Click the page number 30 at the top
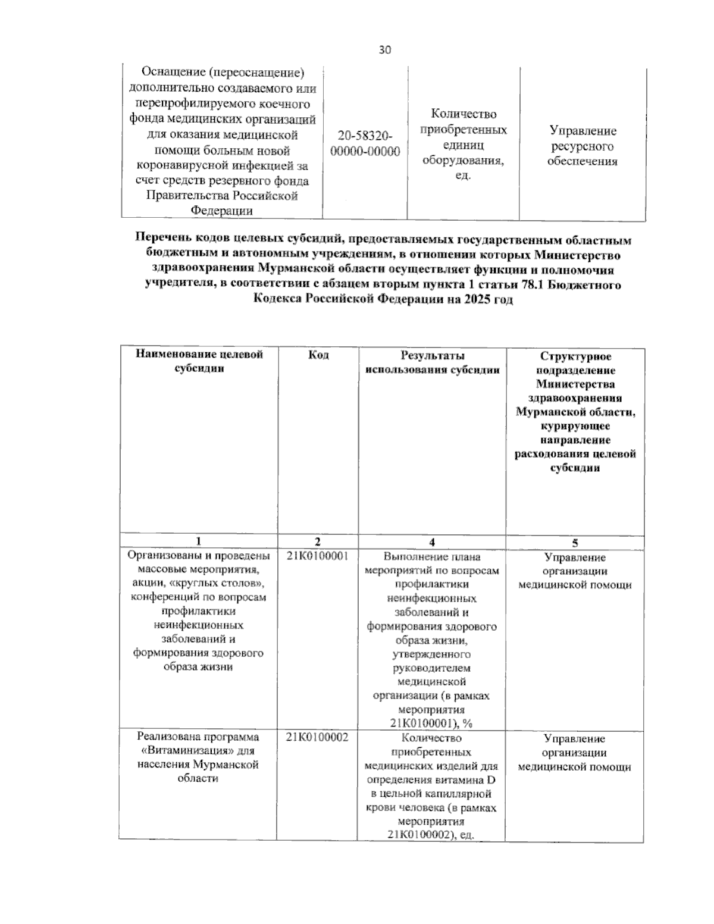385,50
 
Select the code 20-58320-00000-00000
365,143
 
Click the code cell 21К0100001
317,556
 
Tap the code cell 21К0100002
317,738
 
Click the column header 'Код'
318,355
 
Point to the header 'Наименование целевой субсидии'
199,361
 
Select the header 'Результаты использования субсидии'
432,362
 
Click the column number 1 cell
199,541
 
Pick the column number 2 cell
318,541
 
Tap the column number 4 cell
432,541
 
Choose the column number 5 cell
575,542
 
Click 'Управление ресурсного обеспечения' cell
583,146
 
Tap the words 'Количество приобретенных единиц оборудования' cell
463,145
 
